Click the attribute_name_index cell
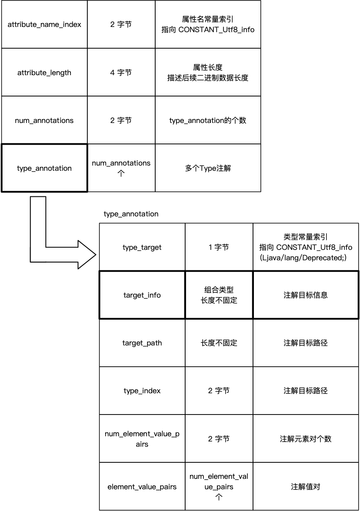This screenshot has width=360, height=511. tap(44, 24)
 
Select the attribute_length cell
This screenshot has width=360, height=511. tap(44, 73)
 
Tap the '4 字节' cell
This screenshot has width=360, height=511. tap(121, 73)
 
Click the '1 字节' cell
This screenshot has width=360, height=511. tap(219, 247)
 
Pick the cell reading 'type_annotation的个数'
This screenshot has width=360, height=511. tap(208, 120)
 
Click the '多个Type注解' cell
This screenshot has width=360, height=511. tap(208, 168)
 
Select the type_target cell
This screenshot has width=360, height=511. tap(142, 247)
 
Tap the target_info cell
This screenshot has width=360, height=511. tap(142, 295)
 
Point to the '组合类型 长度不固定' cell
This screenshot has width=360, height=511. tap(219, 295)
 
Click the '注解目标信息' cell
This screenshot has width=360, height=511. tap(306, 295)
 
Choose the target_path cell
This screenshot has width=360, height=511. tap(142, 343)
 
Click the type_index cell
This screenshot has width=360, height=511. tap(142, 391)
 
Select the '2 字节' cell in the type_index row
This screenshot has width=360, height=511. tap(219, 391)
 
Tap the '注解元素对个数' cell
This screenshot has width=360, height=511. tap(306, 439)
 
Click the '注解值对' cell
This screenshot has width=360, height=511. tap(306, 487)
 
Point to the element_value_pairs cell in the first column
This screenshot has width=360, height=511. tap(142, 487)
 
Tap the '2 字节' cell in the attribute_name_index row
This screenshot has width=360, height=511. tap(121, 24)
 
